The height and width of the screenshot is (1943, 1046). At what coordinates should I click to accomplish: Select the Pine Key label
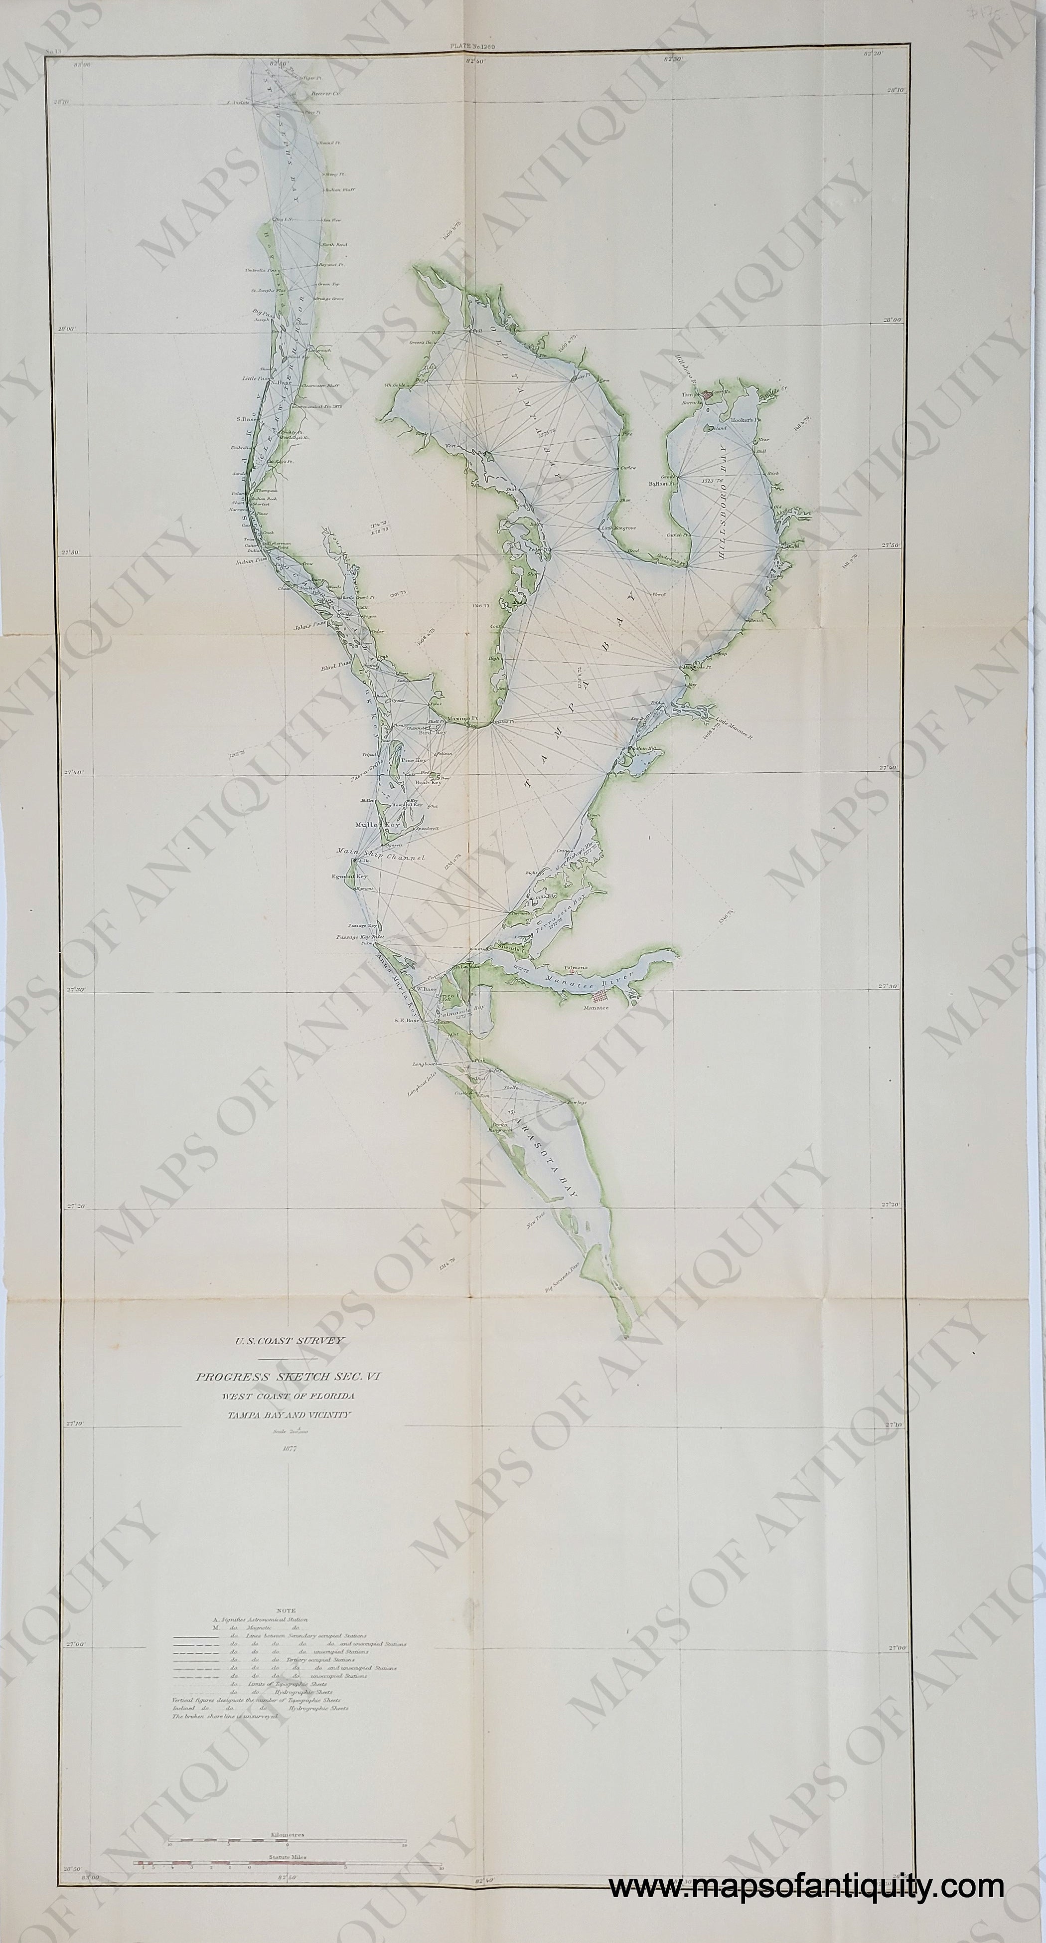point(414,760)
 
